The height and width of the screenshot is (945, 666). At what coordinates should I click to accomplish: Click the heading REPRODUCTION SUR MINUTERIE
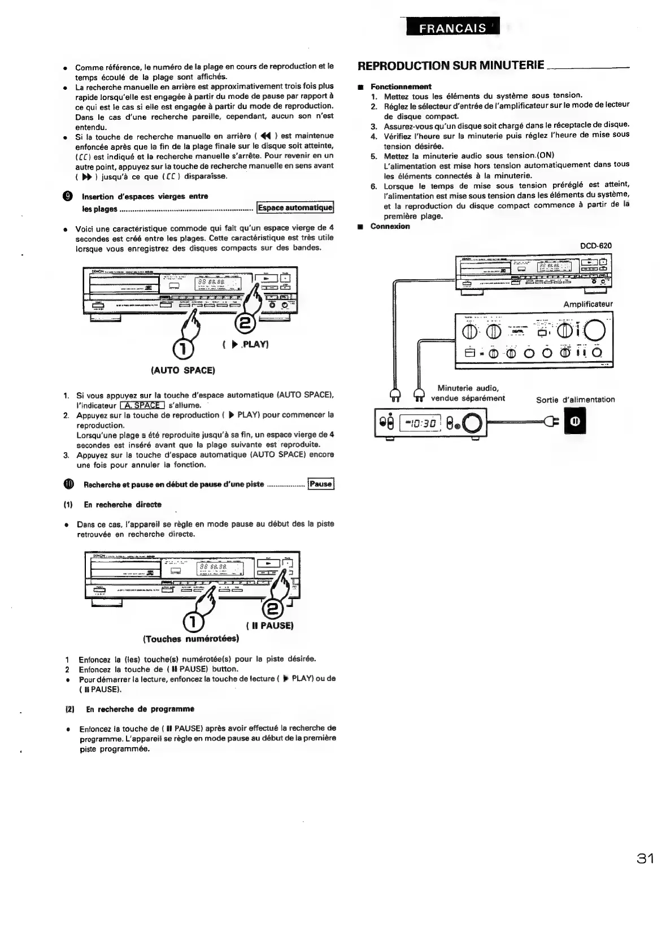pos(451,66)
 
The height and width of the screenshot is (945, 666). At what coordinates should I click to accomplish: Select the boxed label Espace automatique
pos(295,208)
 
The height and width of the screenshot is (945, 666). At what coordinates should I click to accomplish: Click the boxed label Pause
pos(321,484)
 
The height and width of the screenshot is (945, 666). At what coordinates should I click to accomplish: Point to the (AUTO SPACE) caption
pos(182,371)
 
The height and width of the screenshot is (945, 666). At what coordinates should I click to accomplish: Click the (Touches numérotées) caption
pos(191,639)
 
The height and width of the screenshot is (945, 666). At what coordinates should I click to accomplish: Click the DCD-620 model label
pos(595,246)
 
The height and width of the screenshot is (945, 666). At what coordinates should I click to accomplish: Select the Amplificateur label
pos(587,304)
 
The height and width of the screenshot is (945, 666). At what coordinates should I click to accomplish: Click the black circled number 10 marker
pos(68,484)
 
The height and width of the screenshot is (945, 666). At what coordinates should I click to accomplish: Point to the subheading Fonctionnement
pos(401,86)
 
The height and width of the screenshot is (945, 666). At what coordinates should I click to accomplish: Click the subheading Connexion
pos(390,226)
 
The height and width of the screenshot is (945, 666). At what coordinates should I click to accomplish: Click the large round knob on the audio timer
pos(473,422)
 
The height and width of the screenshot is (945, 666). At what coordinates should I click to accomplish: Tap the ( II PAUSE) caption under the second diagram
pos(270,626)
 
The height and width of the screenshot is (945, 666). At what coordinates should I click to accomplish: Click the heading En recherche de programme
pos(140,709)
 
